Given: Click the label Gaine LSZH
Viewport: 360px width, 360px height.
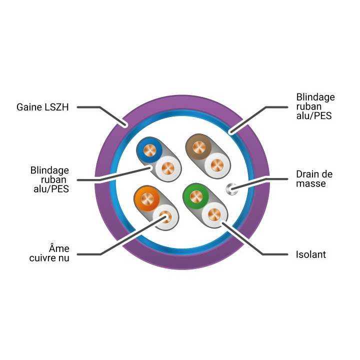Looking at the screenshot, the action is (42, 107).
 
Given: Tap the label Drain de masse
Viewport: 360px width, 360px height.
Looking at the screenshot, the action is (314, 179).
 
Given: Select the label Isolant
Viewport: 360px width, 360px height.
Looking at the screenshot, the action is (310, 254).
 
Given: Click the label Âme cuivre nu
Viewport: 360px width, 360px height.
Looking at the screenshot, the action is (49, 253).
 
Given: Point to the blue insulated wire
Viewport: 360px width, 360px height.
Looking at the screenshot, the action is (149, 150).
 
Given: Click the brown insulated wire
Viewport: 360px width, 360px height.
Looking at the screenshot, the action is (199, 147).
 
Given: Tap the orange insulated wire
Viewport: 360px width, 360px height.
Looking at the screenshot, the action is (147, 198).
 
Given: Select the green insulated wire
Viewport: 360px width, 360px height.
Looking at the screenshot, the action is (196, 196).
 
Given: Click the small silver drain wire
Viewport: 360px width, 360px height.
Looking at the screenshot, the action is (232, 189).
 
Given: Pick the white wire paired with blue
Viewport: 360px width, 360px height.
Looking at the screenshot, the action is (168, 168).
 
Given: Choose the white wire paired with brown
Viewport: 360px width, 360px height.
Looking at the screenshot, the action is (217, 165).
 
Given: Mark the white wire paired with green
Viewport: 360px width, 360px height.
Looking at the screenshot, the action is (214, 214).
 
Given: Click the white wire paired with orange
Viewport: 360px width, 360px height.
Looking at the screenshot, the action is (165, 216).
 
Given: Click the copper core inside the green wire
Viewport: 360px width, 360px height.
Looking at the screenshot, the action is (196, 196).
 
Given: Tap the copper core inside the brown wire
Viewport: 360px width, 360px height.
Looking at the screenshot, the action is (199, 147).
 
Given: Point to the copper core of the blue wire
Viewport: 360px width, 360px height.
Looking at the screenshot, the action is (149, 150).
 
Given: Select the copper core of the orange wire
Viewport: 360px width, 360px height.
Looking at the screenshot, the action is (147, 198).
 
